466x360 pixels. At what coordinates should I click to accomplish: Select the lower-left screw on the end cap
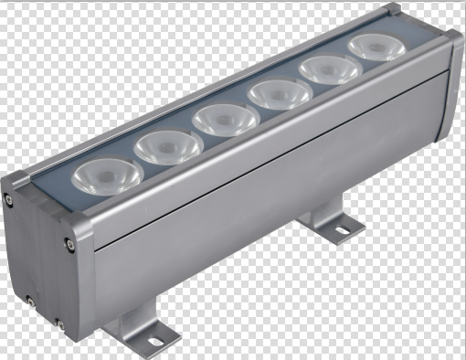pos(29,300)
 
